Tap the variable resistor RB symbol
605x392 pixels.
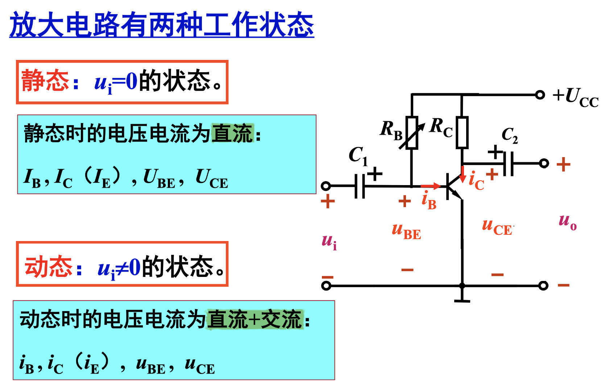click(412, 132)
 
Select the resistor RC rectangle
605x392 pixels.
click(462, 132)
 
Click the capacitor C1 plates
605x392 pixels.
click(360, 186)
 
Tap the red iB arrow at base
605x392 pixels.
click(430, 186)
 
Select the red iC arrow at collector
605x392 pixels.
click(463, 175)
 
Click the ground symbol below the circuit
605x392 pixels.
click(462, 300)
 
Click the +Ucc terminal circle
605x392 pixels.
click(540, 95)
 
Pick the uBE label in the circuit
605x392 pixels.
click(406, 232)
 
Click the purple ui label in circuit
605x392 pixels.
click(329, 241)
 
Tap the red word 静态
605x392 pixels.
click(45, 81)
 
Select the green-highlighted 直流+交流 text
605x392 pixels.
click(254, 319)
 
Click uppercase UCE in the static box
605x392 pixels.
click(212, 179)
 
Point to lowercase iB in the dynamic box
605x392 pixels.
click(26, 364)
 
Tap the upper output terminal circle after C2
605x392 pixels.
click(544, 163)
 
